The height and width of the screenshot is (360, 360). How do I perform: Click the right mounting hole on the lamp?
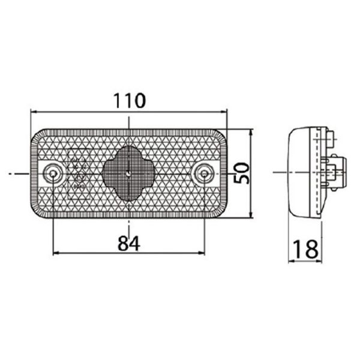pyautogui.click(x=205, y=173)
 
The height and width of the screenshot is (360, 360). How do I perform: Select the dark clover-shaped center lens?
pyautogui.click(x=129, y=173)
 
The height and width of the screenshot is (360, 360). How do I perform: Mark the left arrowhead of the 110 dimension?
pyautogui.click(x=34, y=111)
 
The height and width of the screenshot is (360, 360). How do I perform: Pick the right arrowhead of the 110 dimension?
pyautogui.click(x=224, y=111)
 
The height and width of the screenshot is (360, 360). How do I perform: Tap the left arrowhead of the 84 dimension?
pyautogui.click(x=57, y=253)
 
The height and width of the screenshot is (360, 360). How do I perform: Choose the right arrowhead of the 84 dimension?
pyautogui.click(x=202, y=253)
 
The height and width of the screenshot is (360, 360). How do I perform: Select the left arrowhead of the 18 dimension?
pyautogui.click(x=292, y=261)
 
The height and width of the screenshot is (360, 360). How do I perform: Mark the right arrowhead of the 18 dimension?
pyautogui.click(x=320, y=261)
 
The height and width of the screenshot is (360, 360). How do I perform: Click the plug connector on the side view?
pyautogui.click(x=336, y=173)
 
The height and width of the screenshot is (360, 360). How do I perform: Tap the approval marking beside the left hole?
pyautogui.click(x=78, y=174)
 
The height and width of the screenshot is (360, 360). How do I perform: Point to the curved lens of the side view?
pyautogui.click(x=294, y=173)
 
